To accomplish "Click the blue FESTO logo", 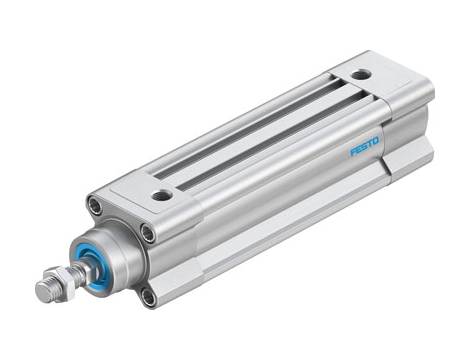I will coord(365,147).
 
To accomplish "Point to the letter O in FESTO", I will coord(377,141).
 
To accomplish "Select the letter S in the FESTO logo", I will coord(365,147).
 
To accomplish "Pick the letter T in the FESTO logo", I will coord(371,144).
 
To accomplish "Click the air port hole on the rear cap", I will coord(360,74).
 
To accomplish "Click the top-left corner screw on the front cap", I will coord(95,207).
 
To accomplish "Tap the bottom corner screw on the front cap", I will coord(149,295).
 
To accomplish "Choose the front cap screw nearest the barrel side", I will coord(148,233).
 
